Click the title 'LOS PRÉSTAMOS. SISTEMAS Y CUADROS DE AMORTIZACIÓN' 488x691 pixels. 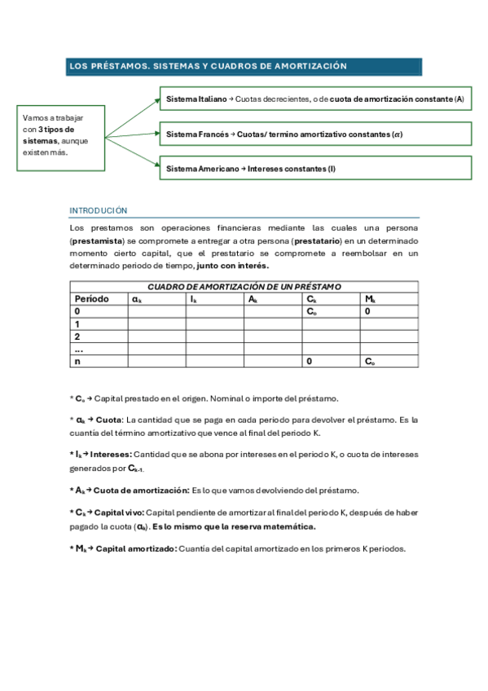pos(209,66)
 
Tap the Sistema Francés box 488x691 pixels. pos(315,134)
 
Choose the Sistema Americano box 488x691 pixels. pos(315,168)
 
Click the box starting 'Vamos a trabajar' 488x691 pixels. pos(61,135)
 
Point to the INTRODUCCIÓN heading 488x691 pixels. pos(99,209)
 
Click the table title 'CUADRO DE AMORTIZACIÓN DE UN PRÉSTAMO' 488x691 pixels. pos(244,287)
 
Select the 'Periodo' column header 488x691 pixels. pos(92,299)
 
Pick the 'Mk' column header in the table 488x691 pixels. pos(370,299)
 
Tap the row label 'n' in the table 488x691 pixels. pos(77,361)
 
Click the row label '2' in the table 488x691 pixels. pos(77,337)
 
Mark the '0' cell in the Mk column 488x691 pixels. pos(367,311)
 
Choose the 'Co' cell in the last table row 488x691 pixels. pos(370,361)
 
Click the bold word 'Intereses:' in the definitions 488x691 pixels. pos(110,453)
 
